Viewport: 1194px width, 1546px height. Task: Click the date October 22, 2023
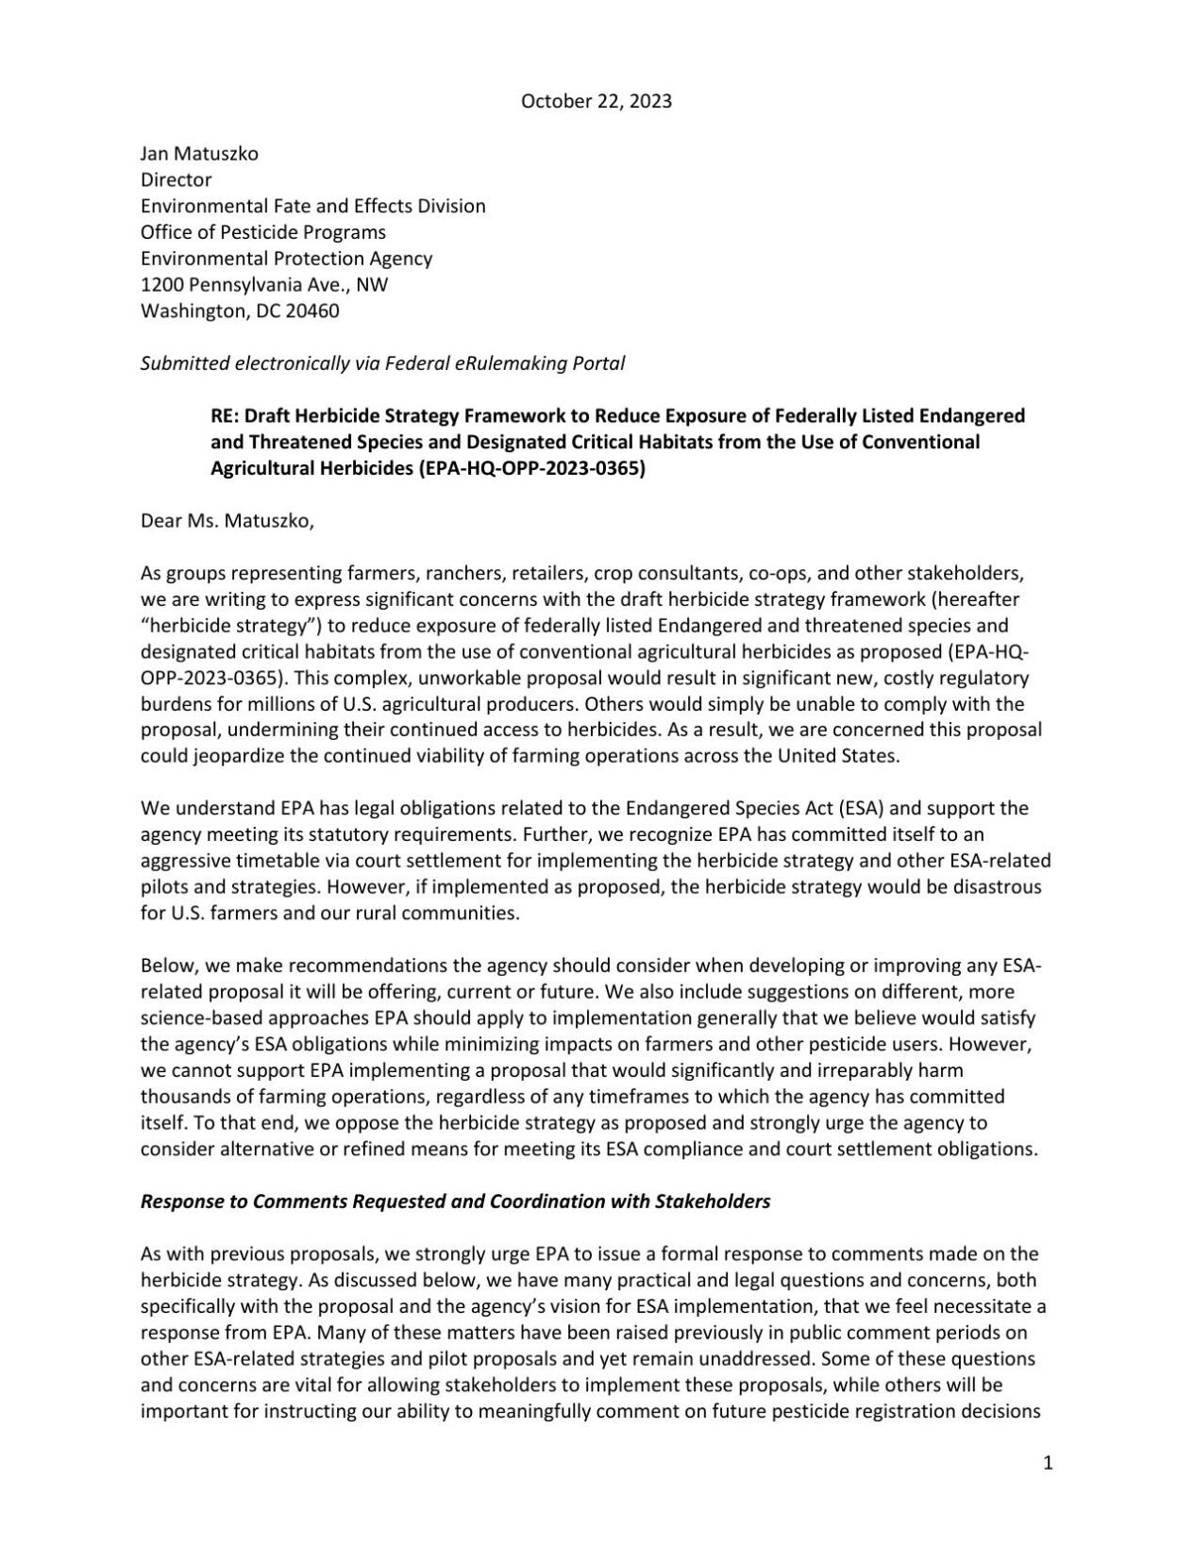click(x=597, y=101)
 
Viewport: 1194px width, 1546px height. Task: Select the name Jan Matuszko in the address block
click(x=199, y=153)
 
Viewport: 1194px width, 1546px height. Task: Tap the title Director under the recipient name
click(x=176, y=179)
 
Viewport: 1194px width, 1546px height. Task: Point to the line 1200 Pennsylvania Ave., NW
click(x=264, y=284)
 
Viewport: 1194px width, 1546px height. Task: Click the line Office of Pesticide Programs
click(x=263, y=231)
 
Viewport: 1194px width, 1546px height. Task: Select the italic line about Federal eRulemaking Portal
click(x=382, y=362)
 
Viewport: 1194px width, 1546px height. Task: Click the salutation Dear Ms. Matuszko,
click(x=227, y=520)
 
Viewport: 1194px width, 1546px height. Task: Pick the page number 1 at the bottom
click(x=1048, y=1463)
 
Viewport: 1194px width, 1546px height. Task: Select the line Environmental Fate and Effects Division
click(x=313, y=206)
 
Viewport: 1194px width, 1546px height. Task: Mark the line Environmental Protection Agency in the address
click(x=287, y=258)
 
